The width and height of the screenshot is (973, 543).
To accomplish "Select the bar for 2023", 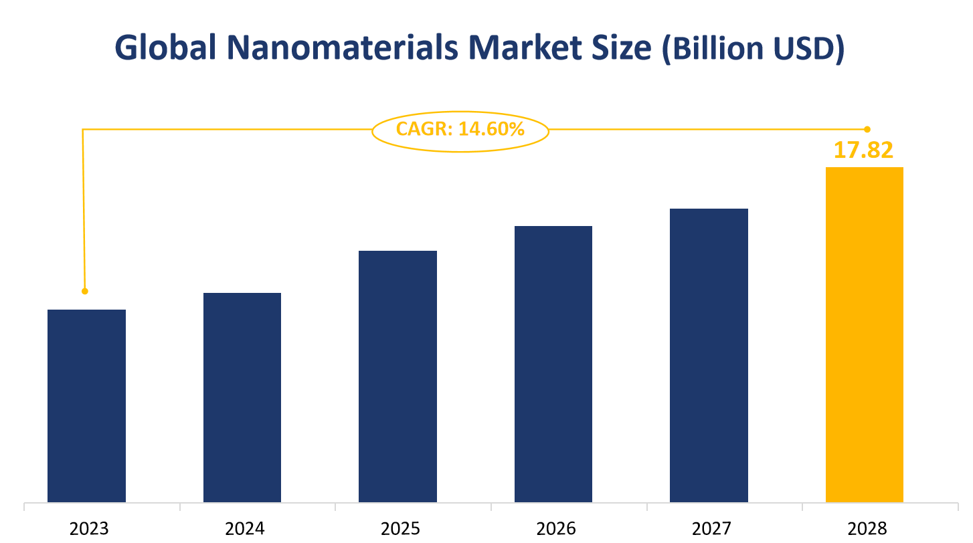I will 87,406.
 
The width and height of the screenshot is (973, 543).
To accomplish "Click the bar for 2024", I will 242,397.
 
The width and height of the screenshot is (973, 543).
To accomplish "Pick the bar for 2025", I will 397,376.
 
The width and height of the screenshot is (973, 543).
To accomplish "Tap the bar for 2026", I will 553,364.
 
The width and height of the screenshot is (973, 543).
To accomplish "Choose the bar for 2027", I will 709,355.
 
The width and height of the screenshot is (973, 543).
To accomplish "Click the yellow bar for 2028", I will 864,334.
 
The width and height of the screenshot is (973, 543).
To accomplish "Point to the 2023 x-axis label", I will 89,529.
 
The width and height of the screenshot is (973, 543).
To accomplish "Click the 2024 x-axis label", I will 245,529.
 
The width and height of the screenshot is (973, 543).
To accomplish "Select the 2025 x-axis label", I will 400,529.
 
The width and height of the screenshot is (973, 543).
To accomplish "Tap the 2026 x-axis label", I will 556,529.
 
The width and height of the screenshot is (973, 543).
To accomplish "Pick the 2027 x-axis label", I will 712,529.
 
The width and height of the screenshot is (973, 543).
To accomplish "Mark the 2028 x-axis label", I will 867,529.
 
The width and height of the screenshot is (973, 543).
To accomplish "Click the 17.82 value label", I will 863,150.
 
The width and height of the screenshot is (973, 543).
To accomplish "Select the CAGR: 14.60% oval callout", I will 460,130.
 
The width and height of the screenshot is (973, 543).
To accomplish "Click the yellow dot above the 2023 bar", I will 85,292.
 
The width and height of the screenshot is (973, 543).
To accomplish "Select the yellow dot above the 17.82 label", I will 867,129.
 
